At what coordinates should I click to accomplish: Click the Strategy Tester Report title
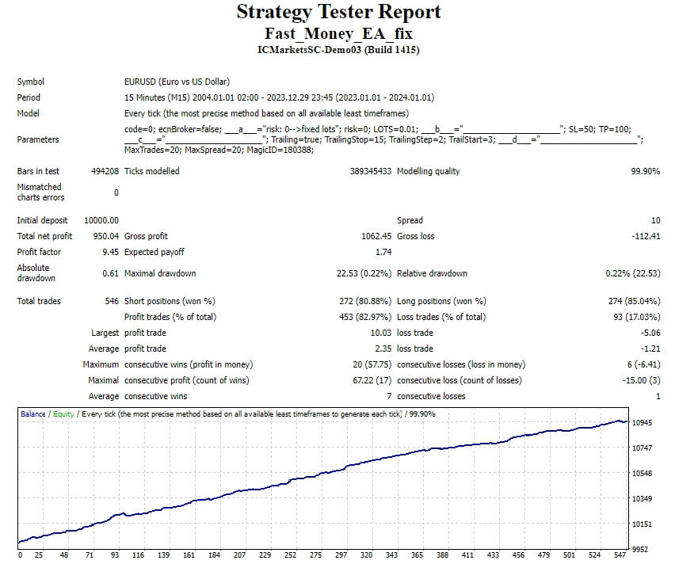pyautogui.click(x=338, y=13)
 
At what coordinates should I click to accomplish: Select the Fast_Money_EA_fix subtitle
pyautogui.click(x=338, y=34)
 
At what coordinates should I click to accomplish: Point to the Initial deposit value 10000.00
pyautogui.click(x=101, y=220)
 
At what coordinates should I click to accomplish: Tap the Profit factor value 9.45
pyautogui.click(x=110, y=252)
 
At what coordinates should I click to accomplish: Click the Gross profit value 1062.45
pyautogui.click(x=376, y=236)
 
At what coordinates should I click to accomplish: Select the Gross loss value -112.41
pyautogui.click(x=644, y=236)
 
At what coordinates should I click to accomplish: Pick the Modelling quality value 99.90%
pyautogui.click(x=645, y=171)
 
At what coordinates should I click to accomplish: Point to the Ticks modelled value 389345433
pyautogui.click(x=370, y=171)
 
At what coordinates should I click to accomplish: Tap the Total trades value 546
pyautogui.click(x=111, y=301)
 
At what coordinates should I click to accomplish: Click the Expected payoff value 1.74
pyautogui.click(x=383, y=252)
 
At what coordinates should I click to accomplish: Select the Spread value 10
pyautogui.click(x=655, y=220)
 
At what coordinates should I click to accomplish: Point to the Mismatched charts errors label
pyautogui.click(x=40, y=192)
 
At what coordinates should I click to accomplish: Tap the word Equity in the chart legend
pyautogui.click(x=64, y=414)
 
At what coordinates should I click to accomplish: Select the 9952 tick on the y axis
pyautogui.click(x=642, y=549)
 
